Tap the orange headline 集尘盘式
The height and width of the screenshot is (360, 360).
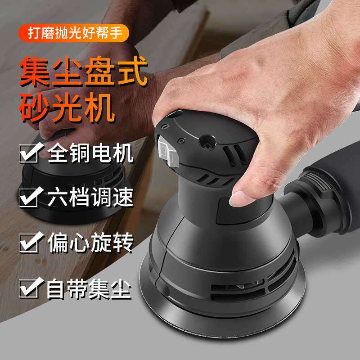pyautogui.click(x=83, y=71)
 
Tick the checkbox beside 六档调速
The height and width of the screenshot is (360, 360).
pyautogui.click(x=31, y=198)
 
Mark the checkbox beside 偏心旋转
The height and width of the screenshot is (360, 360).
pyautogui.click(x=31, y=243)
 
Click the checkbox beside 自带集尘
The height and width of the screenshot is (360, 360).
pyautogui.click(x=31, y=288)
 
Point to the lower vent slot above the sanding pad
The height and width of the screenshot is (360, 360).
pyautogui.click(x=234, y=288)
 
